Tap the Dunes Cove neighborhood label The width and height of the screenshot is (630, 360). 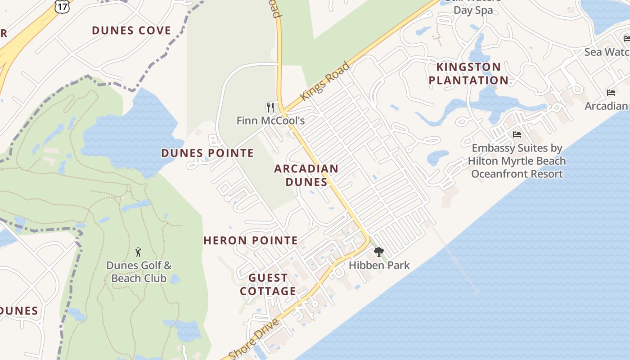coord(131,31)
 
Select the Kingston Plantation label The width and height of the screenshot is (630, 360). coord(468,74)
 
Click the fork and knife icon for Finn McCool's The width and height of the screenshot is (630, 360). coord(270,107)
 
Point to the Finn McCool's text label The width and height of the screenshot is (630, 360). coord(271,121)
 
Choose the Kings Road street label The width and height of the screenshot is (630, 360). coord(325,81)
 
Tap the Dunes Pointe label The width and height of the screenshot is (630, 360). coord(207,153)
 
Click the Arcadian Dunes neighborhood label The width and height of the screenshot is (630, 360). coord(306,175)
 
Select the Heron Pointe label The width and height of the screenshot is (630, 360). coord(251,240)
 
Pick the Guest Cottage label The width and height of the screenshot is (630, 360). coord(268,284)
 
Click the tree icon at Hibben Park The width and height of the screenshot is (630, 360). coord(379,252)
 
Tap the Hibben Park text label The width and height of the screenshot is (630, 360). coord(379,265)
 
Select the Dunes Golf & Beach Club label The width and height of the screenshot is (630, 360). coord(139,272)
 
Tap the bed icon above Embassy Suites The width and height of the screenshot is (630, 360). coord(517,134)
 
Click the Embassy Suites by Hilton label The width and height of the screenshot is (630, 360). coord(517,161)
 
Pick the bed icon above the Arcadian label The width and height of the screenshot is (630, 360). coord(611,93)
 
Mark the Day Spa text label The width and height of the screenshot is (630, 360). coord(473,10)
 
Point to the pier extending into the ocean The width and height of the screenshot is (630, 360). coord(454,259)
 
